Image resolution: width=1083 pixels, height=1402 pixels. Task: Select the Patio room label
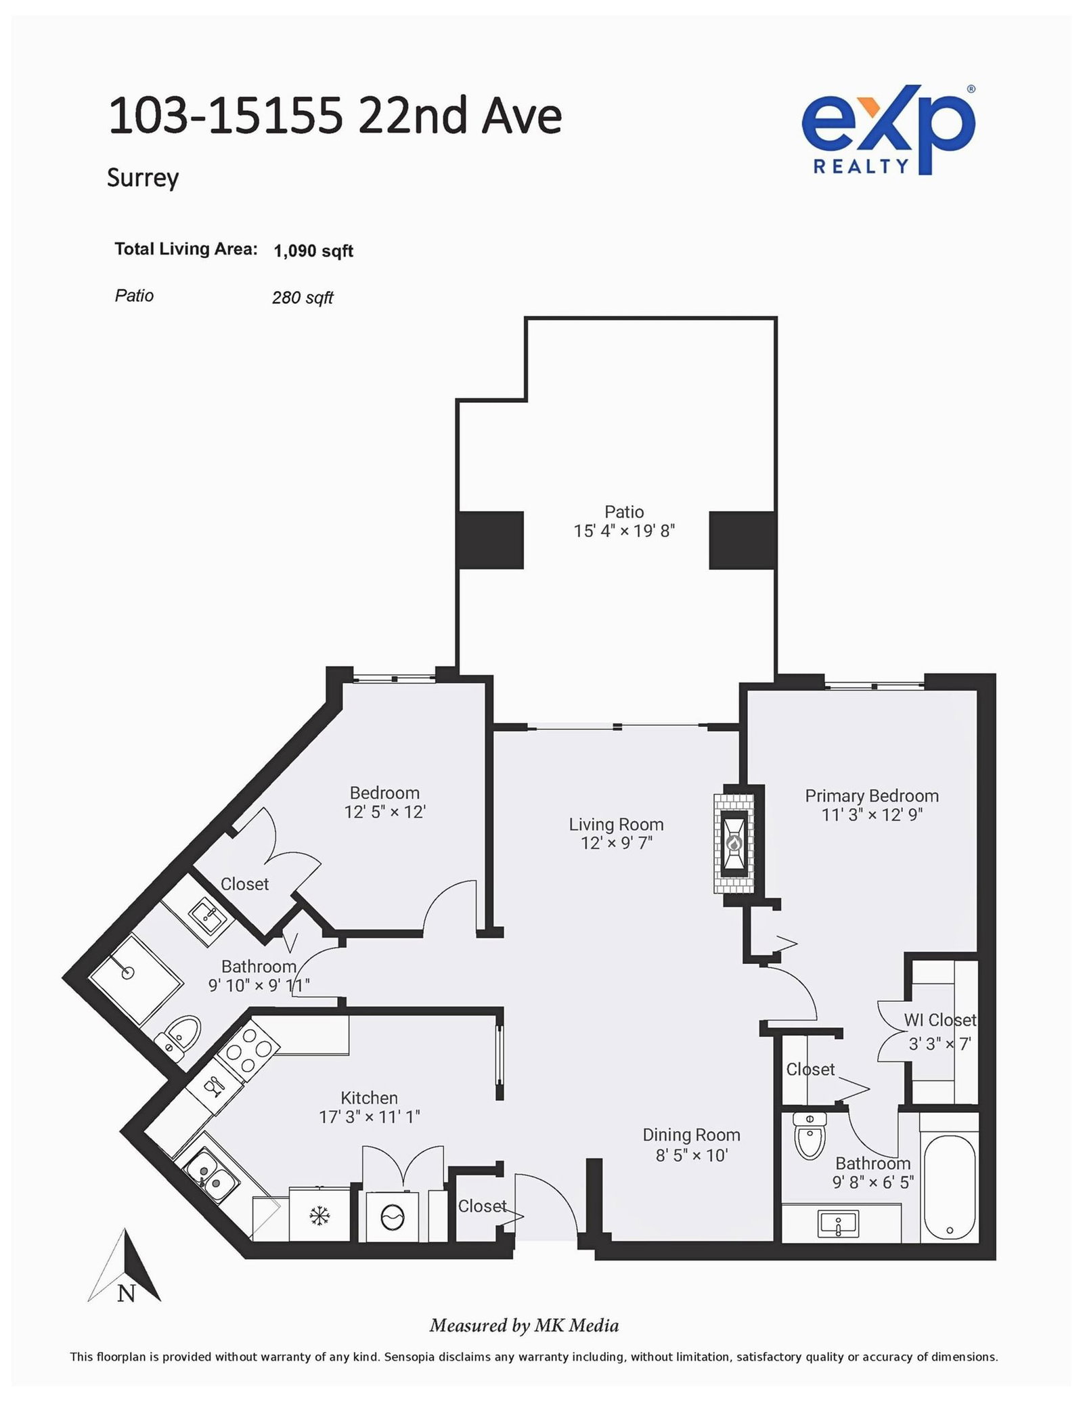(623, 512)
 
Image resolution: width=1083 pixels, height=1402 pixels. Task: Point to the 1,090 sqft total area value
(313, 251)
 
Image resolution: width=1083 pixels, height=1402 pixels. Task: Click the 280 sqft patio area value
(302, 298)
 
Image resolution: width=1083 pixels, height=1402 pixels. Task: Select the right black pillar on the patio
(742, 540)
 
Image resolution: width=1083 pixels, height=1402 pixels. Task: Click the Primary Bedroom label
(871, 795)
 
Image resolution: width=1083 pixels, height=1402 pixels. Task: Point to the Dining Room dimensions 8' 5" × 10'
(691, 1155)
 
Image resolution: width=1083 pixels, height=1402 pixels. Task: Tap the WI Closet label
(940, 1020)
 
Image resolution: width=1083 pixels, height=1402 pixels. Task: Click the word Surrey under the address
(143, 178)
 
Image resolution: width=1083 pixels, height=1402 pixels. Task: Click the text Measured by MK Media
(524, 1325)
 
